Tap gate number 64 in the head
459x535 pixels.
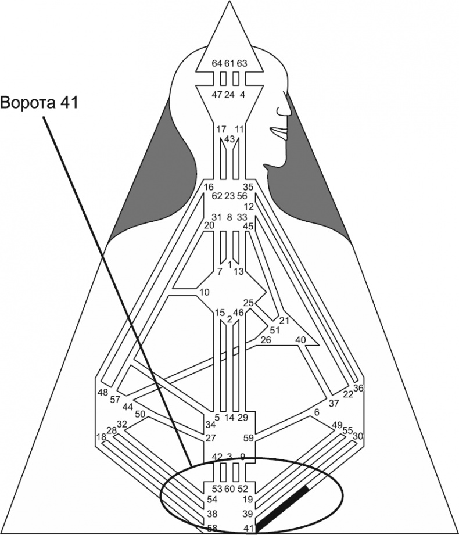click(x=217, y=63)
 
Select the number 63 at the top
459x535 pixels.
click(x=242, y=63)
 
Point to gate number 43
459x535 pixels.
click(x=229, y=139)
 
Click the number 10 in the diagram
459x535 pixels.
click(x=204, y=292)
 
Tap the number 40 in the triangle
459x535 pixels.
click(x=301, y=340)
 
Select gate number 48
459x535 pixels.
click(x=103, y=392)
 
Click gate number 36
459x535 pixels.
click(x=358, y=389)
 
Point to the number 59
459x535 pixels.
click(x=248, y=438)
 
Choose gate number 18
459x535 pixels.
click(x=101, y=437)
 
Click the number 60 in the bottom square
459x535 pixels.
click(x=229, y=488)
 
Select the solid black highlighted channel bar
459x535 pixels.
click(x=283, y=508)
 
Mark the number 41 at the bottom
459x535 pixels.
click(x=248, y=528)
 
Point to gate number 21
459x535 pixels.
click(x=284, y=320)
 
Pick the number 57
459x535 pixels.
click(x=115, y=400)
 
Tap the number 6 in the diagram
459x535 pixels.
click(x=317, y=412)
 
